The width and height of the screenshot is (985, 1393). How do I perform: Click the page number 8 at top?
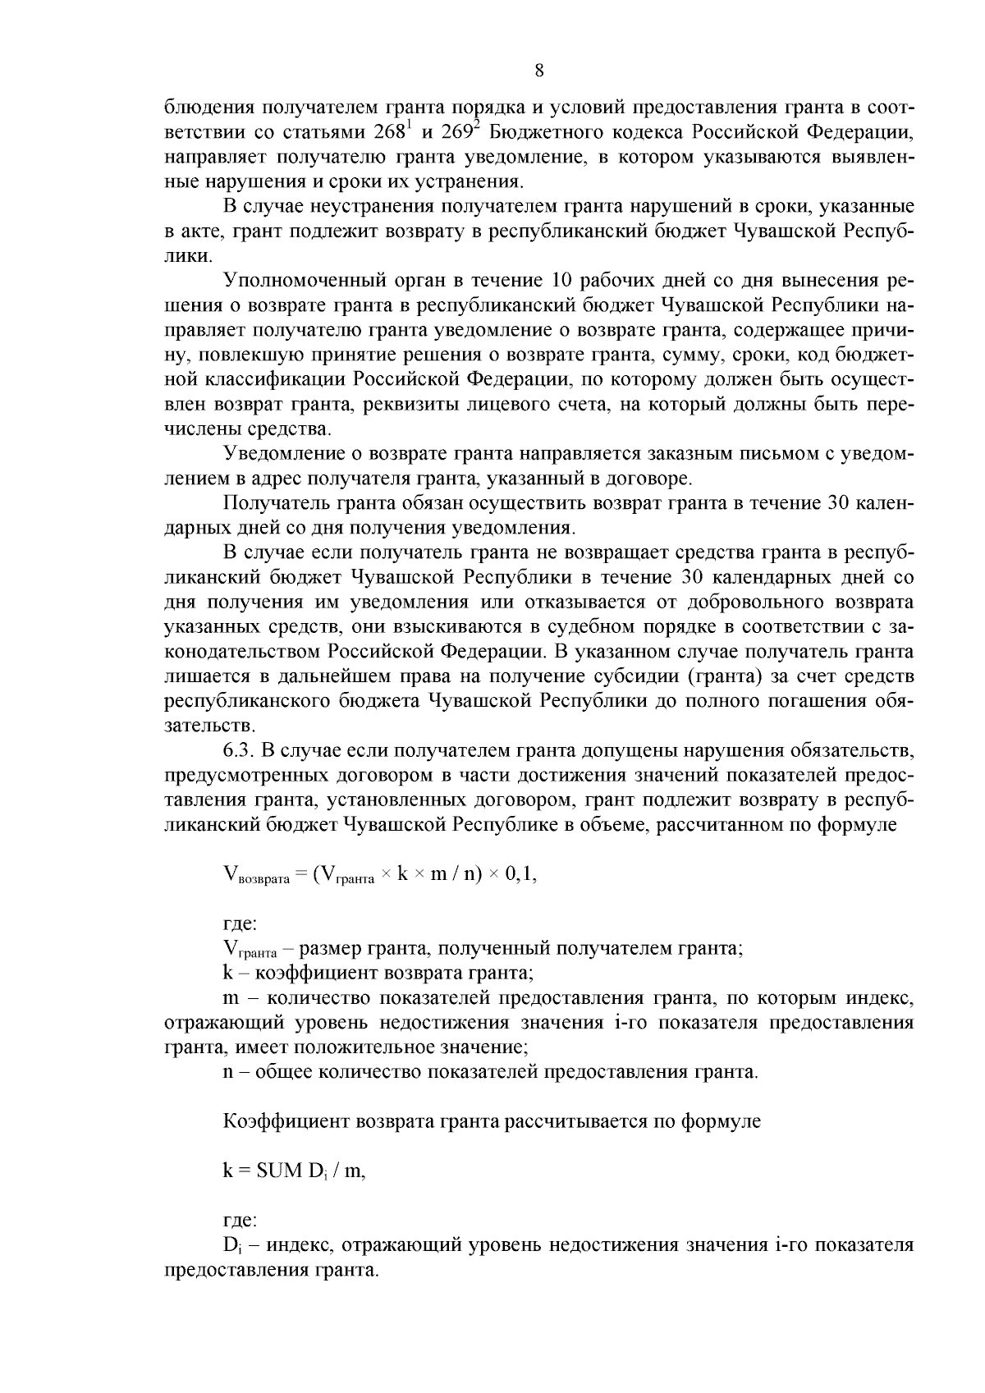click(x=539, y=71)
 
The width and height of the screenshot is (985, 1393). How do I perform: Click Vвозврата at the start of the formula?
click(x=256, y=877)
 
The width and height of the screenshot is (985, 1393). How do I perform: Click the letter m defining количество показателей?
click(x=231, y=999)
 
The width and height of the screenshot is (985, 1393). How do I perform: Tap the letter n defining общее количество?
click(x=227, y=1072)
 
